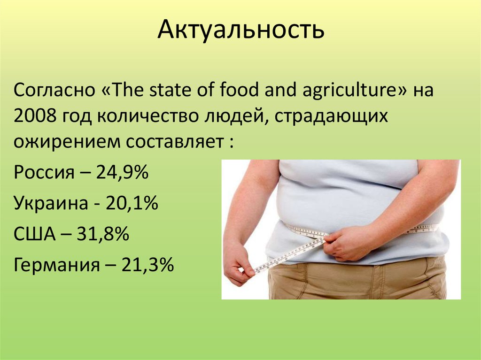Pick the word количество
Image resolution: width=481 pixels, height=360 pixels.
[x=145, y=115]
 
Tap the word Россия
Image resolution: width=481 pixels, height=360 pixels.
[x=44, y=173]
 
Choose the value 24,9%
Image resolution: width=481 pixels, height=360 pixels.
[x=122, y=173]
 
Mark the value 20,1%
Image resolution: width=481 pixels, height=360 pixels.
[x=132, y=204]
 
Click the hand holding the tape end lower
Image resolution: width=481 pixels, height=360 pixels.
[x=238, y=266]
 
